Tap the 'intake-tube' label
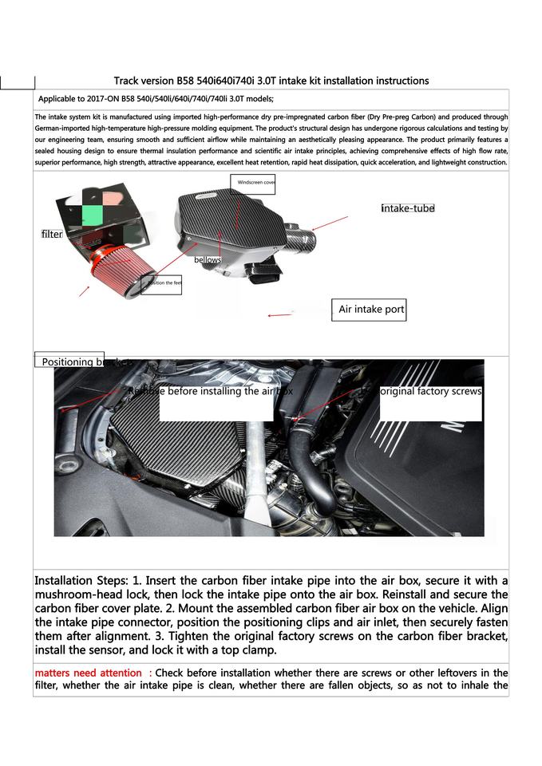tap(408, 208)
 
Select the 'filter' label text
tap(52, 235)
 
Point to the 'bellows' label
tap(208, 260)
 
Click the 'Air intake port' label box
tap(369, 310)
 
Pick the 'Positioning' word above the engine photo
tap(67, 362)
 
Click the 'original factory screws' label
tap(430, 392)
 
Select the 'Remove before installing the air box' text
tap(211, 392)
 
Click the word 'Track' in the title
tap(128, 81)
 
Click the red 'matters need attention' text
tap(88, 673)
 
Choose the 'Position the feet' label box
tap(161, 283)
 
